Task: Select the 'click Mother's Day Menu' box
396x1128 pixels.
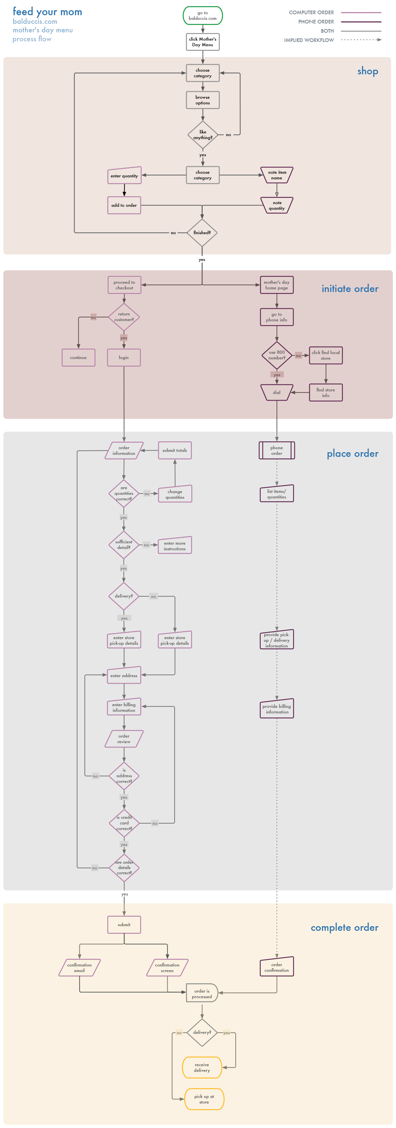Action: click(203, 42)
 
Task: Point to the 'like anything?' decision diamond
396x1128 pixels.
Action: click(203, 135)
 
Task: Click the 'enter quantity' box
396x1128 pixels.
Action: click(124, 176)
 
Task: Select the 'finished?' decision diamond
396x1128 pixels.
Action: click(202, 233)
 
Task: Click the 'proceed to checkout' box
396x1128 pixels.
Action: click(124, 285)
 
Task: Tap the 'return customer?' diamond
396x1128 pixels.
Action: click(124, 317)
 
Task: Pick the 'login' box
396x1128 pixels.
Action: click(124, 358)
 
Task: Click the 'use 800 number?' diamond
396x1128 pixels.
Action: click(277, 355)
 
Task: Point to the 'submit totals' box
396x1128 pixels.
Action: click(175, 451)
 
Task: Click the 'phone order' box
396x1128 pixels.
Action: click(277, 451)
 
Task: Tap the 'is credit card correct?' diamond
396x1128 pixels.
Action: click(124, 823)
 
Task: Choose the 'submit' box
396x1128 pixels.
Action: click(124, 925)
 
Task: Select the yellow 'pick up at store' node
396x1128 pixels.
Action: click(204, 1099)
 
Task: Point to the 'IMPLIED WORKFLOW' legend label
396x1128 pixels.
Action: click(309, 40)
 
